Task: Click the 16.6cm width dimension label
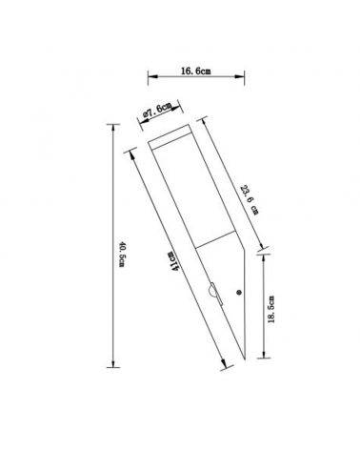(195, 71)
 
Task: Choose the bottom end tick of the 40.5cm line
(113, 365)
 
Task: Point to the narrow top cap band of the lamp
(171, 134)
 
